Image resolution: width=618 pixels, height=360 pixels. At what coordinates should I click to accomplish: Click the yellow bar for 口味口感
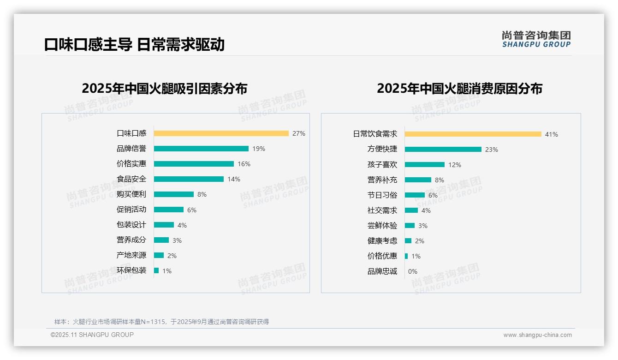click(x=221, y=133)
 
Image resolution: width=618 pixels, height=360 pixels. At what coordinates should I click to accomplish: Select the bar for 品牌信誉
click(x=201, y=149)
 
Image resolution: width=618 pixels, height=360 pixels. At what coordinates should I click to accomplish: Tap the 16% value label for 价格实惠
click(x=244, y=164)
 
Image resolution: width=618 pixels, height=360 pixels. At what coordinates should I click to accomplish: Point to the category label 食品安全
click(x=131, y=179)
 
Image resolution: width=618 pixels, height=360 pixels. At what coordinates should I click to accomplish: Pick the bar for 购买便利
click(x=173, y=194)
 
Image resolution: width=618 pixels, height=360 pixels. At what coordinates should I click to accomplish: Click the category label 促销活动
click(x=131, y=210)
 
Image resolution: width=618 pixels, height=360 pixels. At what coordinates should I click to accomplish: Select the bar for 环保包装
click(x=156, y=270)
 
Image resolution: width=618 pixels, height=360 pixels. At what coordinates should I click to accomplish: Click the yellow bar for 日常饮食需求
click(x=473, y=134)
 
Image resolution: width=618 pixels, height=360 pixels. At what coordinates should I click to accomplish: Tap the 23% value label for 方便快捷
click(x=491, y=150)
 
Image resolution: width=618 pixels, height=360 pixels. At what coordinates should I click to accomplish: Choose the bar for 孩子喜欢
click(x=424, y=165)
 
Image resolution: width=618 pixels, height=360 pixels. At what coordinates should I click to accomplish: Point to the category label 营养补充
click(x=382, y=180)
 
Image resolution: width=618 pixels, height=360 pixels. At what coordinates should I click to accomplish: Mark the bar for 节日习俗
click(x=415, y=195)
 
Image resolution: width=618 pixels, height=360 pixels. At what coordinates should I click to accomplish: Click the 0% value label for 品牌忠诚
click(x=412, y=271)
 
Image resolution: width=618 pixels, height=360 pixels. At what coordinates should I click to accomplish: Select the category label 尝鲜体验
click(x=382, y=226)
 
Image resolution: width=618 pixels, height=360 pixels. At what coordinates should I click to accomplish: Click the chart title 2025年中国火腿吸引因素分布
click(x=164, y=89)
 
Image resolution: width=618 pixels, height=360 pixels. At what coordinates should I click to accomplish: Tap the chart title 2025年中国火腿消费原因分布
click(x=459, y=89)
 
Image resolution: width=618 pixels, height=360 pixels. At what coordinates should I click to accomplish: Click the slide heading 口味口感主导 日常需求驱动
click(x=134, y=44)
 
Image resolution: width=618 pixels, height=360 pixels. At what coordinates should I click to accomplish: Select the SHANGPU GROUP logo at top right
click(x=536, y=39)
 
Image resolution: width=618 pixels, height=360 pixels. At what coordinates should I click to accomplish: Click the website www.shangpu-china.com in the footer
click(x=537, y=335)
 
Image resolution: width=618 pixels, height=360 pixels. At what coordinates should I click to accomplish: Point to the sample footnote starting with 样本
click(x=161, y=322)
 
